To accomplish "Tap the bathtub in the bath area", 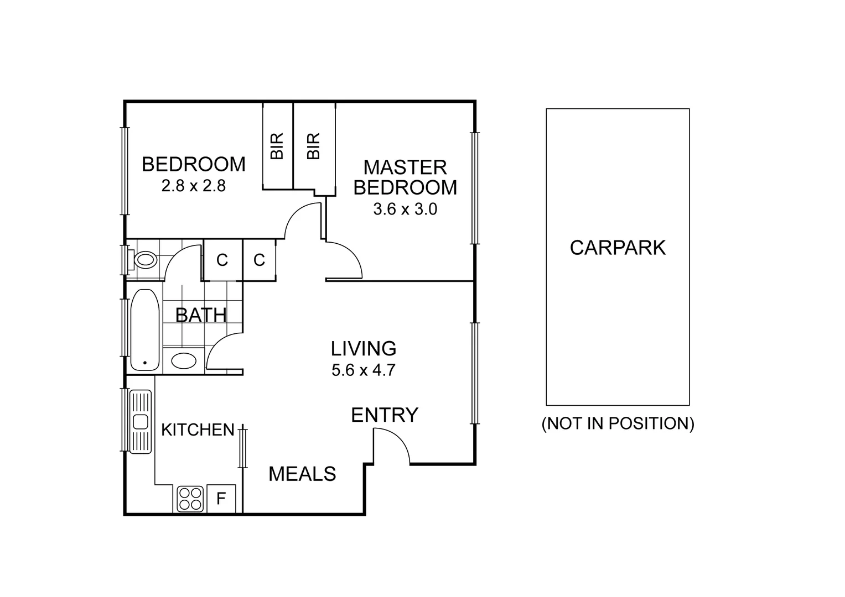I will [145, 329].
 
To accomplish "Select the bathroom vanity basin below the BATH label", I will [184, 361].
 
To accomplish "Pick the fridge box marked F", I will [221, 499].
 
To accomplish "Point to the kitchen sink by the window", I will [140, 421].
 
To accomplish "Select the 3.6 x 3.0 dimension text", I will [405, 210].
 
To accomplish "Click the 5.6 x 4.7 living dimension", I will [364, 370].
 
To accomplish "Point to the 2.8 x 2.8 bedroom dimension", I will [193, 186].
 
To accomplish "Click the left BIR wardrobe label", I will [277, 146].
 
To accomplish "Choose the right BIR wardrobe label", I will [313, 146].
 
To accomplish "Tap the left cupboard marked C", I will [222, 260].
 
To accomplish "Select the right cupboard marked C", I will [260, 260].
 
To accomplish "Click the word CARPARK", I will [618, 248].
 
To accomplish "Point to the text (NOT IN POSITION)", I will [618, 423].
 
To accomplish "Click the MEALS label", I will [302, 474].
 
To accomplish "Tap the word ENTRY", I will [385, 415].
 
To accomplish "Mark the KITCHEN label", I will [198, 430].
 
